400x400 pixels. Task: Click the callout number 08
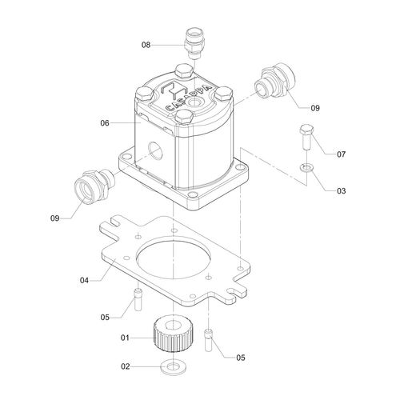coord(146,46)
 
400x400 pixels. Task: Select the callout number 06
coord(105,123)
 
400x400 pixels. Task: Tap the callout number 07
coord(318,154)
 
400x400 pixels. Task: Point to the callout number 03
coord(318,191)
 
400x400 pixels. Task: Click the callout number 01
coord(125,338)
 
